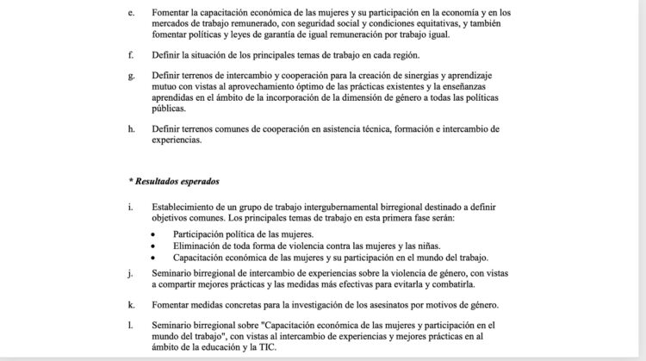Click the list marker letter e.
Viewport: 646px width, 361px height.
pyautogui.click(x=130, y=13)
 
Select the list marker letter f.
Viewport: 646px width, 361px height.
pyautogui.click(x=130, y=55)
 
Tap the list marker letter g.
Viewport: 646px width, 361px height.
pyautogui.click(x=130, y=76)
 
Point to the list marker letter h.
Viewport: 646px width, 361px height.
pyautogui.click(x=130, y=129)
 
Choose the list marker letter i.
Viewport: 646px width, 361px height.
pyautogui.click(x=129, y=209)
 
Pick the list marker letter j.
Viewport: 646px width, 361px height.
pyautogui.click(x=129, y=274)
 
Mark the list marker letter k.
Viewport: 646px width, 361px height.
pyautogui.click(x=130, y=306)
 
